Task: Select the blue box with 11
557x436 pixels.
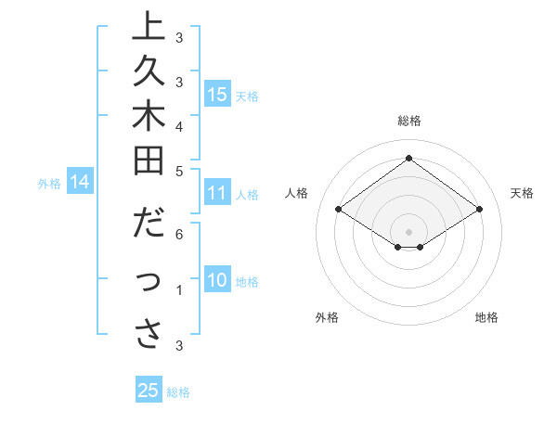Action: [x=217, y=193]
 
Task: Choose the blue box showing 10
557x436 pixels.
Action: [x=217, y=281]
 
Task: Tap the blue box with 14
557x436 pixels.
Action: [x=80, y=183]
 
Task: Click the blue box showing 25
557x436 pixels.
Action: [x=149, y=391]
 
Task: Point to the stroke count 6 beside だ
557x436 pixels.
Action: [x=179, y=236]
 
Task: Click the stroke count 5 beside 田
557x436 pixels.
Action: [x=179, y=170]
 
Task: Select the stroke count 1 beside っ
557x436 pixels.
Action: [x=179, y=291]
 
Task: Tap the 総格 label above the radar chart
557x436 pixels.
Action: [x=408, y=121]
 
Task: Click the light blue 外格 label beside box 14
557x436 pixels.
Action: [x=49, y=184]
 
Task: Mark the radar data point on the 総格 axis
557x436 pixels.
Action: [x=408, y=159]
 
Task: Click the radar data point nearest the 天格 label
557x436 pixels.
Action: [x=479, y=210]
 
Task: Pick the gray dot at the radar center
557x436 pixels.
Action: [x=408, y=231]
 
